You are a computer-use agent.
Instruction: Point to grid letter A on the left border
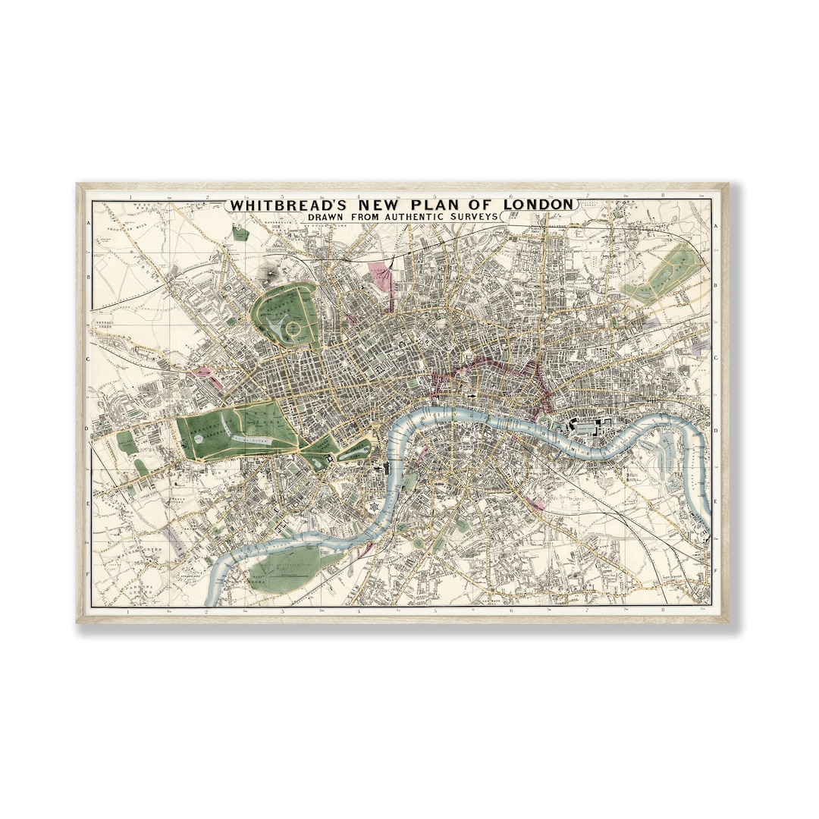[x=89, y=224]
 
